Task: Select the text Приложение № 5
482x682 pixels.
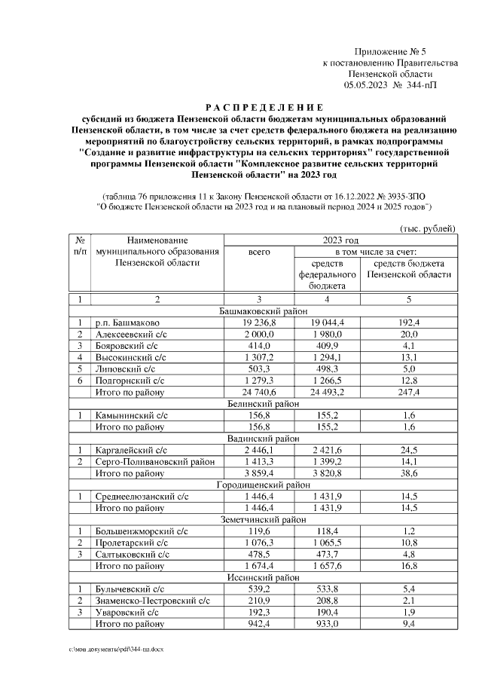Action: click(x=390, y=50)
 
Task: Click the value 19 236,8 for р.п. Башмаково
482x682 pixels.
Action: click(x=258, y=322)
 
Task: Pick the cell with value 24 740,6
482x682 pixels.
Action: click(x=258, y=392)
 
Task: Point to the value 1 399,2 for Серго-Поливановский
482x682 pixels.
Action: click(x=326, y=461)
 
